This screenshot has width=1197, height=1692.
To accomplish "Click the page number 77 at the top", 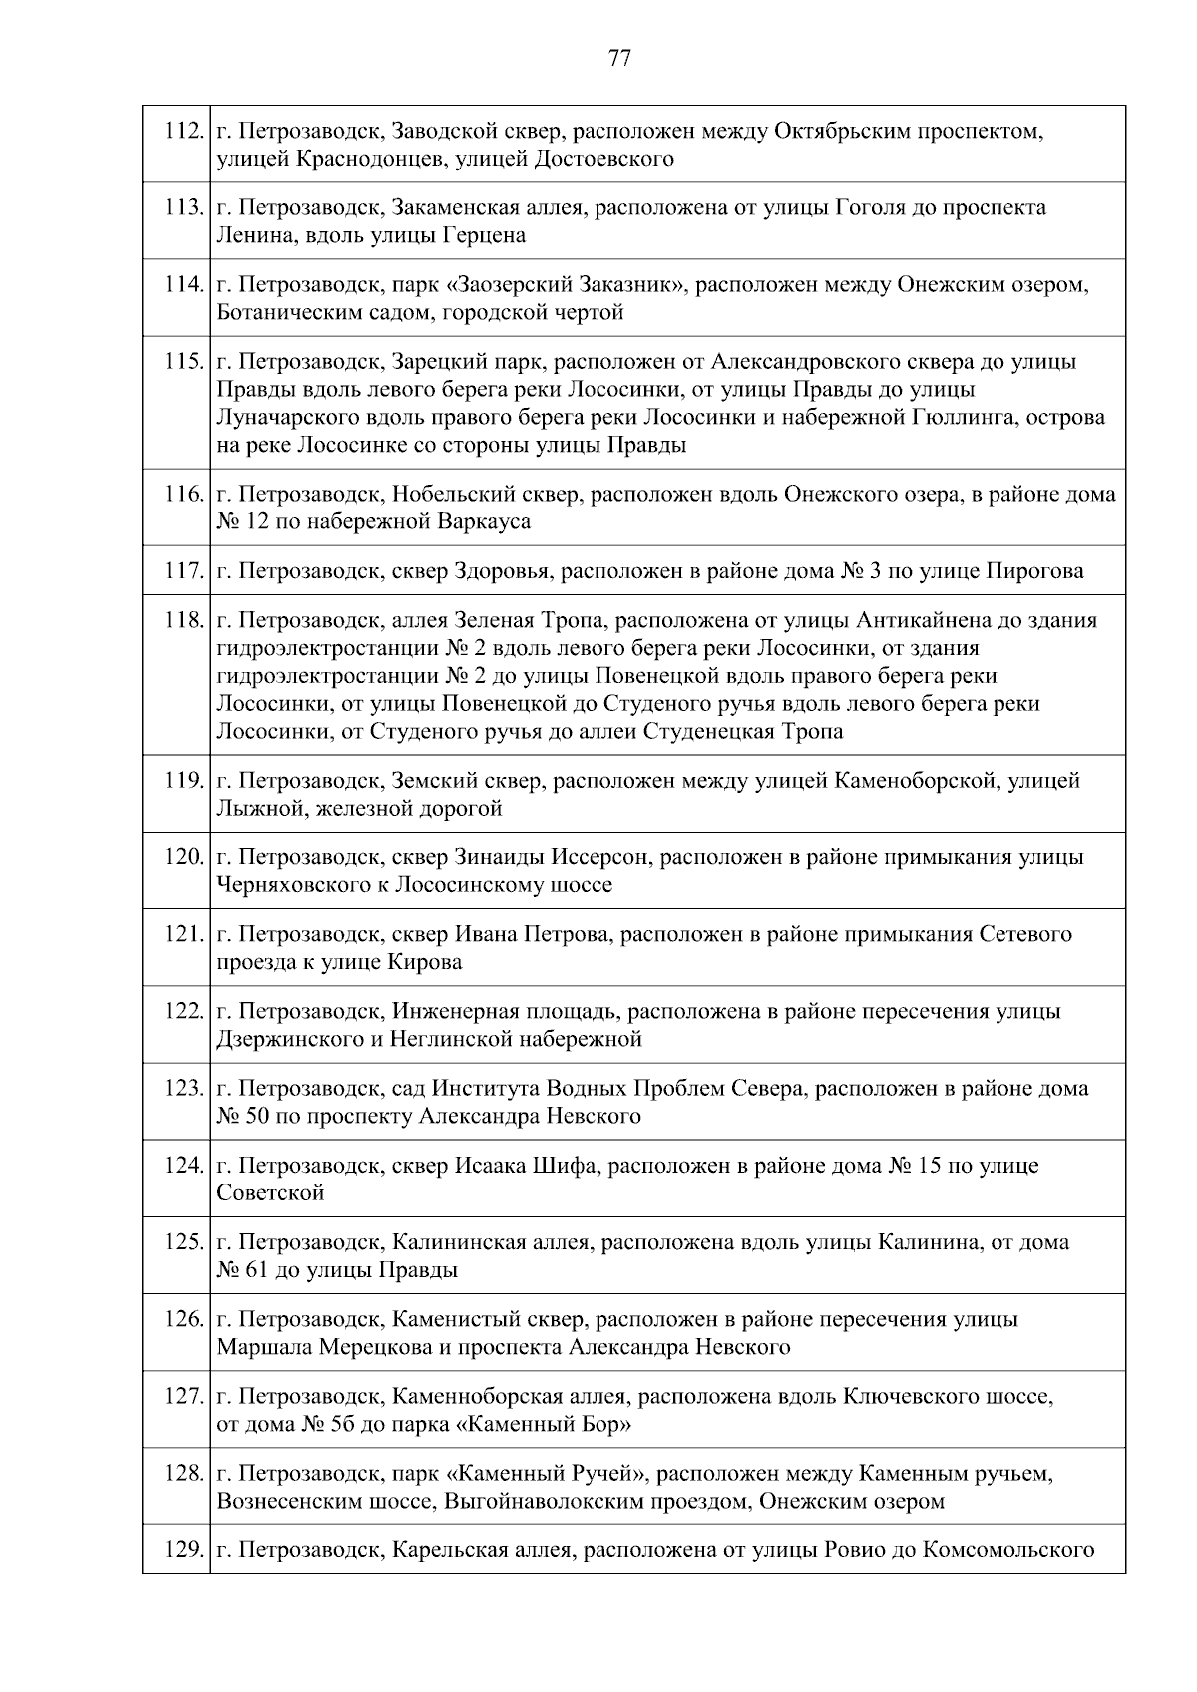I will (619, 59).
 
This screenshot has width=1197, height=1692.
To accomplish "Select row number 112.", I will (184, 131).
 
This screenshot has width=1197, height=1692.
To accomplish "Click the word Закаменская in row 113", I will (455, 208).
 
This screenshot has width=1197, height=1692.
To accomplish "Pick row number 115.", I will (184, 362).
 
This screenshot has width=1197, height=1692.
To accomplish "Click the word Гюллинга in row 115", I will (956, 418).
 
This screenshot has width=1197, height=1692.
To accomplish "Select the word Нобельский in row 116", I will (450, 495).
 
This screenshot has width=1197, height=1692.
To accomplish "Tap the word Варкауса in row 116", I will (484, 522).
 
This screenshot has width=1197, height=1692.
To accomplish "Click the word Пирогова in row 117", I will (1034, 572).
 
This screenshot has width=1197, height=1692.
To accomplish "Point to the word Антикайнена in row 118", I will (925, 621).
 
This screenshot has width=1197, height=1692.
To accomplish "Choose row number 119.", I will (184, 781).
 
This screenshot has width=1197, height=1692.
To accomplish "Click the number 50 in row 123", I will (256, 1117).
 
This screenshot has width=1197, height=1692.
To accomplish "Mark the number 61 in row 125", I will (256, 1271).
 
